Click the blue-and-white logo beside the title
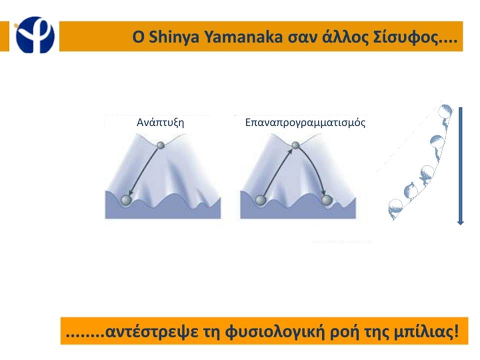point(35,35)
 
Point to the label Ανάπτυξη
point(160,122)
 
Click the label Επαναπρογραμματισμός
point(305,123)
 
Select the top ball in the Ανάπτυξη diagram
point(160,145)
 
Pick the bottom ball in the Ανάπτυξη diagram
point(126,200)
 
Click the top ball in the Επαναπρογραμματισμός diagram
point(295,145)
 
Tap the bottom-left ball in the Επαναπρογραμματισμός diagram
point(260,200)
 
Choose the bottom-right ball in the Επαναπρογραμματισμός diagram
point(327,200)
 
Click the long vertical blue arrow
point(460,166)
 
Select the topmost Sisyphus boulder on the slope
point(445,111)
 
